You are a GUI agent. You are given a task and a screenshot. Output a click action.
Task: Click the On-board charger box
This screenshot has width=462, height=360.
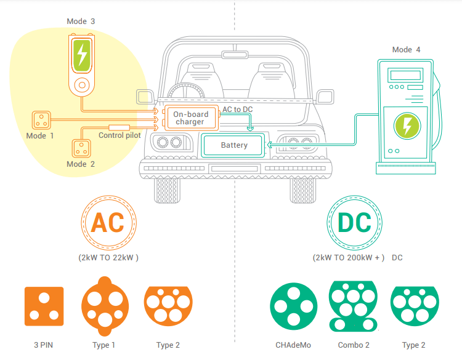point(190,118)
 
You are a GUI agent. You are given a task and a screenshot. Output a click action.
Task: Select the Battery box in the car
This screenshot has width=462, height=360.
point(234,145)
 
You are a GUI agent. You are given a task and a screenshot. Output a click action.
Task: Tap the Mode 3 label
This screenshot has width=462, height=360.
point(81,22)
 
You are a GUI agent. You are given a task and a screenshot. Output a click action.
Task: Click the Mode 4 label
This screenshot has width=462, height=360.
point(407,50)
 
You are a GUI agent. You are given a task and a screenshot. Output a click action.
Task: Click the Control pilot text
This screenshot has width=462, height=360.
point(120,135)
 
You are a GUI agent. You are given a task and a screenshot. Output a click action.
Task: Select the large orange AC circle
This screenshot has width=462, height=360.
point(108,223)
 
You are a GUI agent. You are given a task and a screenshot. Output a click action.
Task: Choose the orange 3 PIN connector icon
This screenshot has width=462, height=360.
point(44,306)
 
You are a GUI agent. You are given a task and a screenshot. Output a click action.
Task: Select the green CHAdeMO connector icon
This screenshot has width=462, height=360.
point(294,306)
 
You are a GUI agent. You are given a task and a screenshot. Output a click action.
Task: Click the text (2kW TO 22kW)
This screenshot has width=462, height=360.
point(108,257)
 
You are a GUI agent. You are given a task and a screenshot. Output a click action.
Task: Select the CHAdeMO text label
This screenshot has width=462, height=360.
point(294,345)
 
